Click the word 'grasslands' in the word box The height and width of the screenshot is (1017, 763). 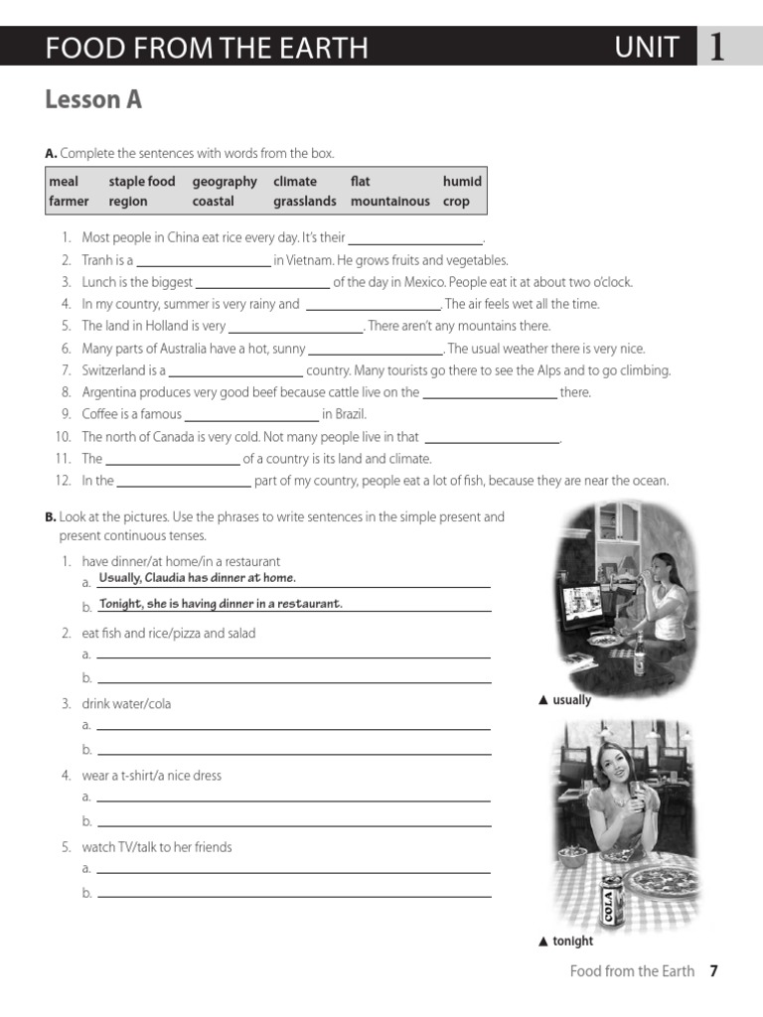coord(304,201)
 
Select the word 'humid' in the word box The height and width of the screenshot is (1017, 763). coord(462,181)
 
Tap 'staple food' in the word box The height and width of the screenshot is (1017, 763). coord(141,181)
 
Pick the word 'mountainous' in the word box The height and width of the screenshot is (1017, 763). coord(389,201)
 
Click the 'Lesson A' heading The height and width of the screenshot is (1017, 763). coord(93,100)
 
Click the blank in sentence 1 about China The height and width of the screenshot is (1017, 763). coord(415,239)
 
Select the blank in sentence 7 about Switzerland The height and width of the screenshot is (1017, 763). coord(234,371)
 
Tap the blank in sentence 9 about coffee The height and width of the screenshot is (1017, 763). coord(251,415)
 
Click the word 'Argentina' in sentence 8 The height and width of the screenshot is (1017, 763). coord(110,392)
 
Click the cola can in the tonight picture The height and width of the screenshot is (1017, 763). coord(611,898)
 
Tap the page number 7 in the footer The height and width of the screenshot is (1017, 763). coord(713,971)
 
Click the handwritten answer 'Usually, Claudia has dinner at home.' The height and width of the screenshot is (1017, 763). coord(197,578)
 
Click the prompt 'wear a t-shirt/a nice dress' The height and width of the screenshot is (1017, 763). coord(152,776)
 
